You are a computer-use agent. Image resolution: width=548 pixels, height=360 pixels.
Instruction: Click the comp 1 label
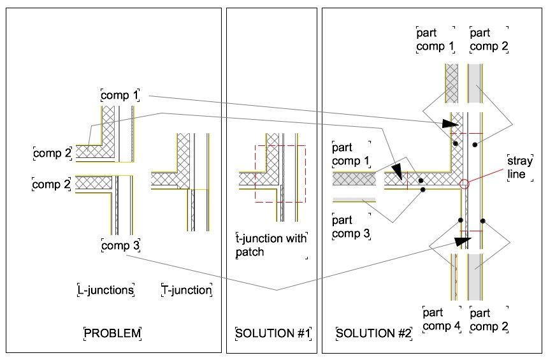tap(120, 96)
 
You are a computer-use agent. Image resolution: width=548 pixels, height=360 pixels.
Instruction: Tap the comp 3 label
tap(120, 245)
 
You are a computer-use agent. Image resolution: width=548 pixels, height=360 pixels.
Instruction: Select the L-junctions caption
tap(106, 291)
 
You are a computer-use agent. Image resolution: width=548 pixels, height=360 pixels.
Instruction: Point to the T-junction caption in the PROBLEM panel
tap(186, 291)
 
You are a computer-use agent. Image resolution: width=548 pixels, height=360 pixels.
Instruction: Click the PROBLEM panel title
tap(112, 333)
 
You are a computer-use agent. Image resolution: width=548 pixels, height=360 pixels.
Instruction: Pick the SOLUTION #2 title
tap(374, 333)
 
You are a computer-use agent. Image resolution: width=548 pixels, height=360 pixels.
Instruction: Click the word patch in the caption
tap(252, 252)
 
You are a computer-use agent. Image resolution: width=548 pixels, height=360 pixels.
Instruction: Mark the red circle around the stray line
tap(465, 184)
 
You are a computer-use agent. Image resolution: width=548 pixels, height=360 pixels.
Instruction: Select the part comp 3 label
tap(351, 227)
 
